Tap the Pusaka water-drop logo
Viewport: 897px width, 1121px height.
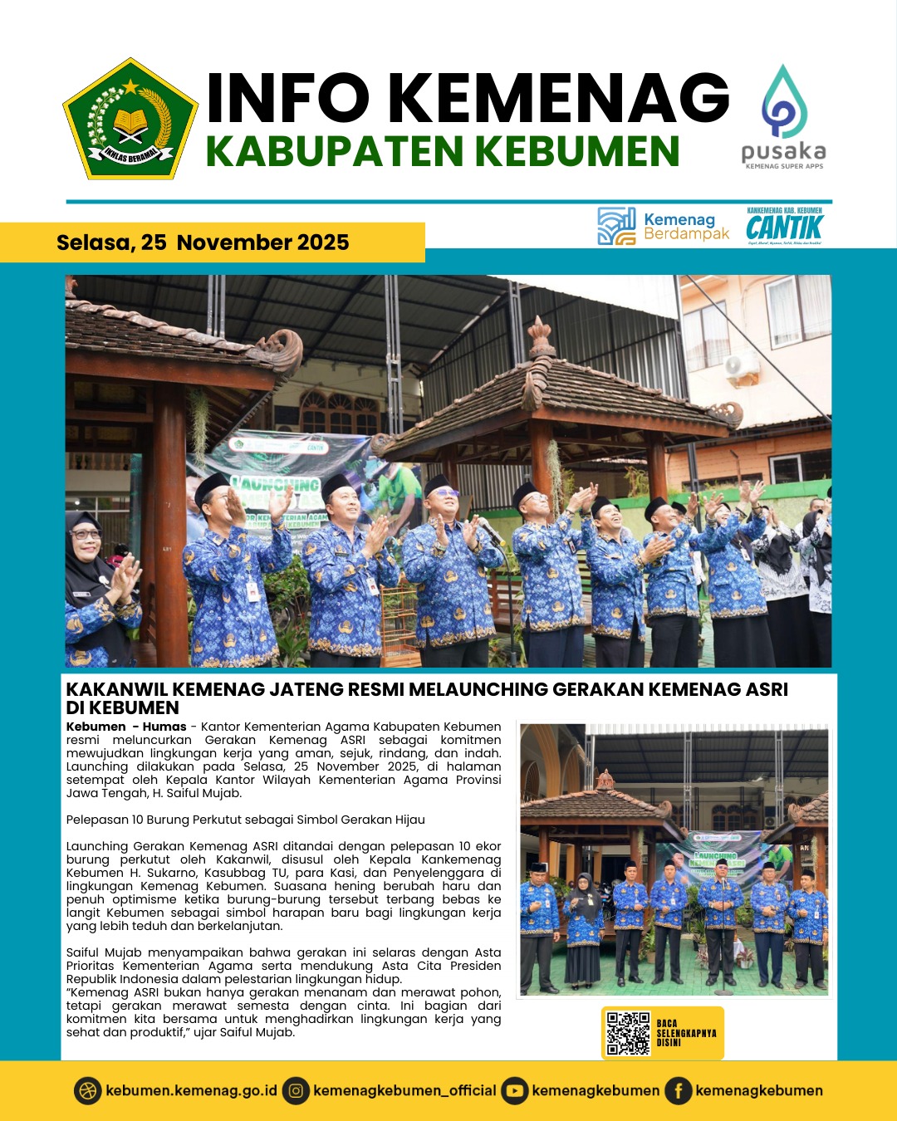784,104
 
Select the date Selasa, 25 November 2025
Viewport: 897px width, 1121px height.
203,242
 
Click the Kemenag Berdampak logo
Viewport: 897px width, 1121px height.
663,227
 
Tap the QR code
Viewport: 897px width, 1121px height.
628,1033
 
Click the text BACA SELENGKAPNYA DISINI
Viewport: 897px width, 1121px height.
686,1033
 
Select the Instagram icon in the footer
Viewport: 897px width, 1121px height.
296,1090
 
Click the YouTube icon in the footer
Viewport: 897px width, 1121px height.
515,1090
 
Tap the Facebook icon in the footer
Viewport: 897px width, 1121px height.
678,1090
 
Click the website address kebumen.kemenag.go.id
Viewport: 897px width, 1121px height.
191,1090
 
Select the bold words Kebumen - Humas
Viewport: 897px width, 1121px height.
126,727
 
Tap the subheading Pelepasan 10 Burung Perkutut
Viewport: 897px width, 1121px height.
245,820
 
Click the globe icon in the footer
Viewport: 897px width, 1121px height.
87,1090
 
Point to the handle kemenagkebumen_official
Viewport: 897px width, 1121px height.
404,1090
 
